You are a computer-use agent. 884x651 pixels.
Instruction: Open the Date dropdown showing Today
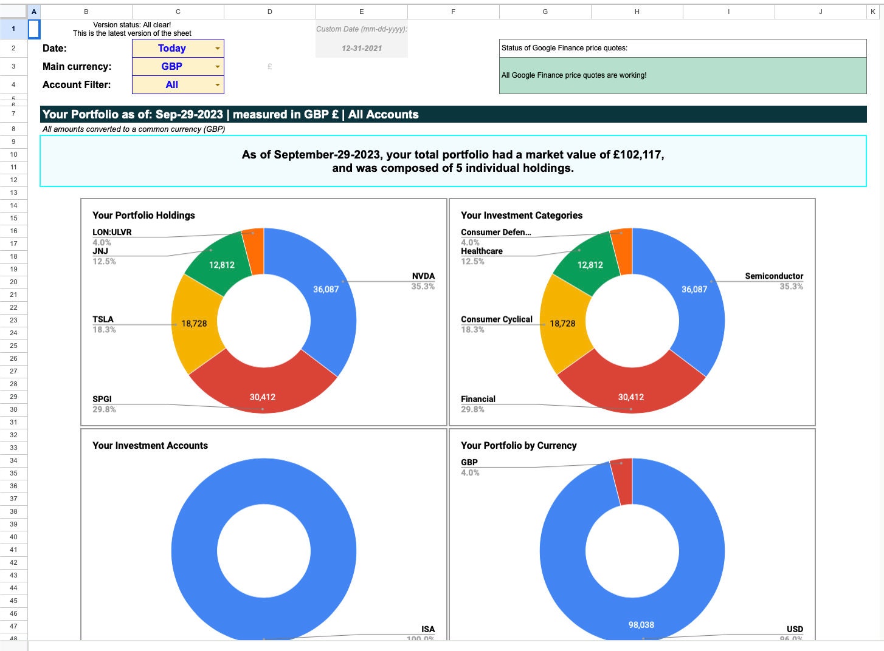click(x=178, y=49)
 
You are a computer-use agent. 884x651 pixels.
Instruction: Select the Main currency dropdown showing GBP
click(x=178, y=67)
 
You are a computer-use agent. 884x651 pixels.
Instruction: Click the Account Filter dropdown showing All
click(x=178, y=85)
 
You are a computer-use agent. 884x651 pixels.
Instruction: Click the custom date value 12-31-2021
click(x=362, y=49)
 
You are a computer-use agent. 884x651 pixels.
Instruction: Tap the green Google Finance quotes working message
click(x=682, y=75)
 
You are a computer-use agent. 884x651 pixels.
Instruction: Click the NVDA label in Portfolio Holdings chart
click(x=423, y=276)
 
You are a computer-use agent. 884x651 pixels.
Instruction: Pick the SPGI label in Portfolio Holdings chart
click(x=102, y=399)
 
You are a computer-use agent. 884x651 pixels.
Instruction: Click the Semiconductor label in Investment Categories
click(x=773, y=276)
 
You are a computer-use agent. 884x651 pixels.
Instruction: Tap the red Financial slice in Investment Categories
click(x=631, y=389)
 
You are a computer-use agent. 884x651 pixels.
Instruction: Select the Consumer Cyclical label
click(x=496, y=319)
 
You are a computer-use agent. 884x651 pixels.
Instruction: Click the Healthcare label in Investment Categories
click(x=482, y=251)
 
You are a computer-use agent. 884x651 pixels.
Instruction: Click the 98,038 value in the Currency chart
click(x=641, y=625)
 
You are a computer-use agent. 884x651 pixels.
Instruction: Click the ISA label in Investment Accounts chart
click(x=427, y=629)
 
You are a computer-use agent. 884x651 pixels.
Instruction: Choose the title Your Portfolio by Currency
click(x=519, y=446)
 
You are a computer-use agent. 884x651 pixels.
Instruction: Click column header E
click(x=361, y=12)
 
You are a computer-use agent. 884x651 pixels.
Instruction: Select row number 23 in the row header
click(x=13, y=320)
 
